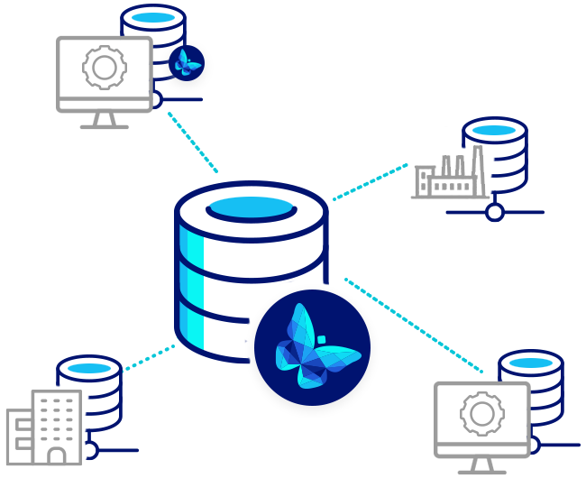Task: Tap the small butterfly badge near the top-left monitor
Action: click(x=187, y=63)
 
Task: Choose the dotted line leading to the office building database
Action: click(x=149, y=356)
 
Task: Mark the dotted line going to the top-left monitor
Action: click(x=192, y=142)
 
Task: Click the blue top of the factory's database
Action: click(x=495, y=131)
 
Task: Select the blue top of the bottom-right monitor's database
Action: click(x=531, y=363)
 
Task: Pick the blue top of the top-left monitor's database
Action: click(x=152, y=17)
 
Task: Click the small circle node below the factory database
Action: click(x=494, y=213)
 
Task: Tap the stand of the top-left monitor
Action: click(x=104, y=120)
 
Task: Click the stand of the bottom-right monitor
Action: click(x=482, y=465)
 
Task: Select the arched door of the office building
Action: click(x=57, y=458)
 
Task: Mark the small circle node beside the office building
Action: click(x=90, y=449)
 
